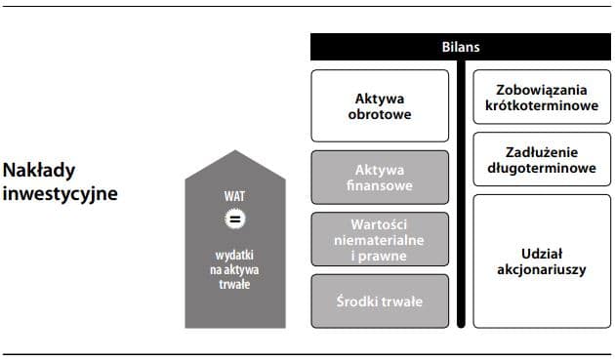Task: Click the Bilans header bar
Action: (x=461, y=47)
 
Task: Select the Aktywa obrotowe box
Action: (x=380, y=105)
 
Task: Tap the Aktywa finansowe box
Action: (x=380, y=178)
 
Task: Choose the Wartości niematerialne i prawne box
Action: (x=380, y=239)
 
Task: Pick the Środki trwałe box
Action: (x=380, y=301)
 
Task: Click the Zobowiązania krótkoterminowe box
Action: (x=541, y=98)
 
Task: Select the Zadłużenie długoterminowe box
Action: (x=541, y=160)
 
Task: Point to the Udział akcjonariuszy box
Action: (x=541, y=260)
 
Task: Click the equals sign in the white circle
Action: (x=234, y=218)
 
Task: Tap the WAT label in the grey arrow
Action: (x=234, y=196)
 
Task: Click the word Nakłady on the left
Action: (x=39, y=171)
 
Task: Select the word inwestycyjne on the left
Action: (x=60, y=193)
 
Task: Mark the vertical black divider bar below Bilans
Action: (x=461, y=195)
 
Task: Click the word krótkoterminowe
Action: (x=541, y=105)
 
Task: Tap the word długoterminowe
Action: (x=541, y=168)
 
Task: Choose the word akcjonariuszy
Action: (x=541, y=269)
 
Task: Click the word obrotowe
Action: (x=380, y=113)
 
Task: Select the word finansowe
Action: (x=380, y=185)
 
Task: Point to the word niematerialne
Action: (x=380, y=239)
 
